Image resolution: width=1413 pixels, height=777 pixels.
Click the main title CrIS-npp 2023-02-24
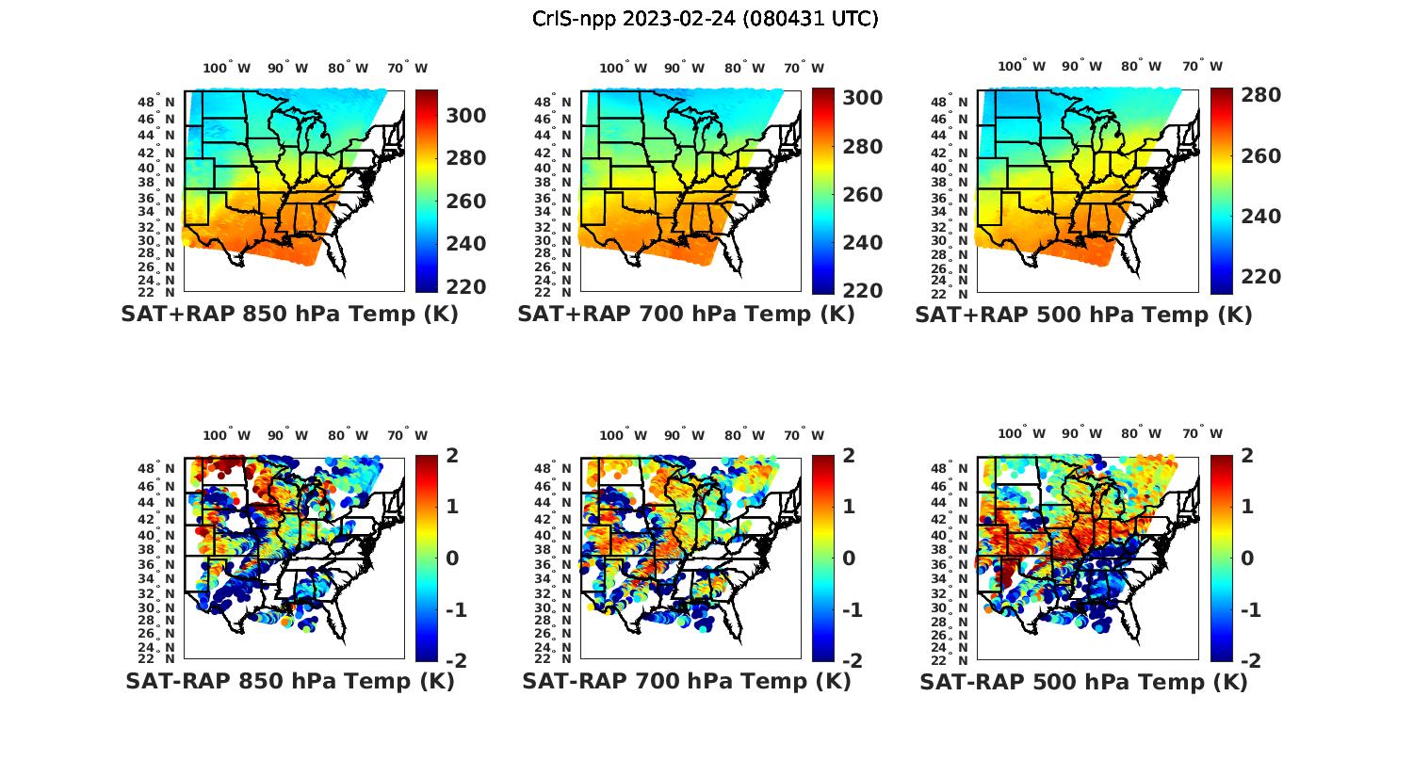[x=706, y=19]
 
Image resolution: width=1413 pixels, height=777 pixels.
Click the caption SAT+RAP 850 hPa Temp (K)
[x=289, y=315]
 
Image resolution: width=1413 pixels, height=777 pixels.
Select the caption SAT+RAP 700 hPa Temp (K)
[x=686, y=315]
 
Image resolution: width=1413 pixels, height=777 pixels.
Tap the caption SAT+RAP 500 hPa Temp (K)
[x=1083, y=315]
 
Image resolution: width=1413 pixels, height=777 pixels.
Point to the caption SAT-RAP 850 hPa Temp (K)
[x=289, y=681]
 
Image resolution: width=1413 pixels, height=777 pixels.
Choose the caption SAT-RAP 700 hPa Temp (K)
[x=686, y=681]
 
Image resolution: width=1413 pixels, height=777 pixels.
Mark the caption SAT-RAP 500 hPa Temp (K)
[x=1083, y=681]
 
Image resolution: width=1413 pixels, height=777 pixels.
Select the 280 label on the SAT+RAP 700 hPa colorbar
[x=862, y=147]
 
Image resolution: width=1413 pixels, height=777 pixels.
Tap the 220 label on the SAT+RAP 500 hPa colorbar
[x=1260, y=277]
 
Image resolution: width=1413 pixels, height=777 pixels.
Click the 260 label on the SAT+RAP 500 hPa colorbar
[x=1260, y=156]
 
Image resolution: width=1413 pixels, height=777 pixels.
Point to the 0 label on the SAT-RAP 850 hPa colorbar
[x=451, y=558]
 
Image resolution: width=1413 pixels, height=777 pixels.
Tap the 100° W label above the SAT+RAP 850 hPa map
[x=227, y=68]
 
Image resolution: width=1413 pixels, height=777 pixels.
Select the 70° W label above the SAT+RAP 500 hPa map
[x=1203, y=66]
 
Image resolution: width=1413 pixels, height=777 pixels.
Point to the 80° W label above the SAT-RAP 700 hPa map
[x=743, y=435]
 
